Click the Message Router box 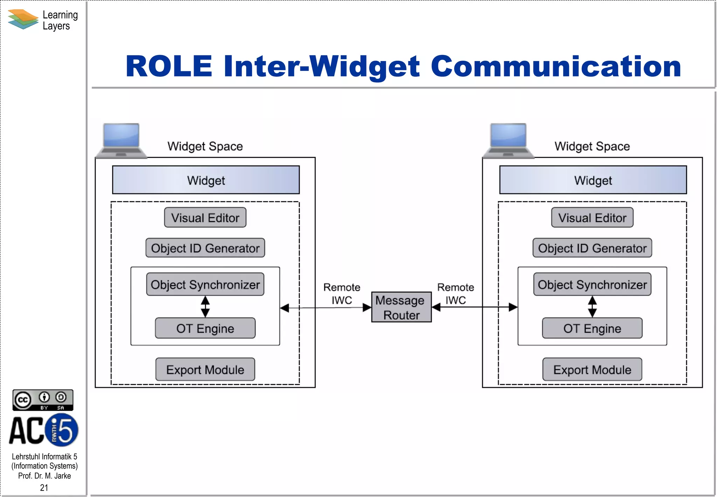click(x=401, y=307)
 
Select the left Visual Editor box click(x=205, y=217)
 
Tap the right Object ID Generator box click(x=592, y=248)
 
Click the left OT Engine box click(x=205, y=328)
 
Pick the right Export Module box click(x=592, y=369)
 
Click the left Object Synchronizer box click(x=205, y=284)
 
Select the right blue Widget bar click(x=593, y=180)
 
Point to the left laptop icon click(x=121, y=141)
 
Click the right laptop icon click(x=508, y=141)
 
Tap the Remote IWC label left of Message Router click(x=342, y=294)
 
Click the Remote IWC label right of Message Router click(x=455, y=294)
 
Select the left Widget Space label click(x=205, y=146)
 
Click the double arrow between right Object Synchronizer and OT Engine click(x=592, y=307)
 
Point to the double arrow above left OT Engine click(x=205, y=307)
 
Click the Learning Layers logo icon click(x=23, y=19)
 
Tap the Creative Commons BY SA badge click(x=43, y=400)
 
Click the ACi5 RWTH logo click(x=44, y=430)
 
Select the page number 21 click(x=44, y=488)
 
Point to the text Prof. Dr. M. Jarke click(x=44, y=476)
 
